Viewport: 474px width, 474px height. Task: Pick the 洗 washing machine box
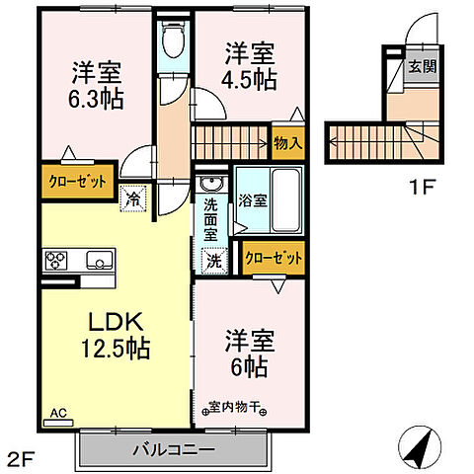tap(212, 261)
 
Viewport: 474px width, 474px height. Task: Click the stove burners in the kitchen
tap(55, 262)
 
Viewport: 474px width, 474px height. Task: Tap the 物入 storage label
tap(287, 144)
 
